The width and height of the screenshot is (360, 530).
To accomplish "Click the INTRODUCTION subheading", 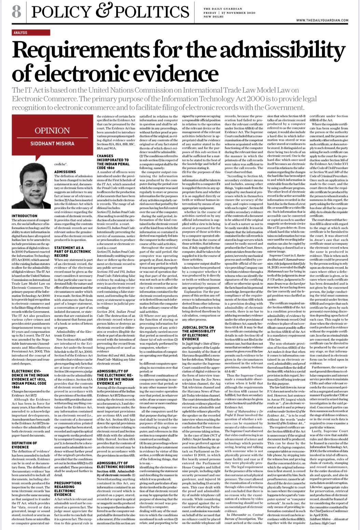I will click(25, 216).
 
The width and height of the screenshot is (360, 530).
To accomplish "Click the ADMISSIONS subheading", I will click(65, 172).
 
